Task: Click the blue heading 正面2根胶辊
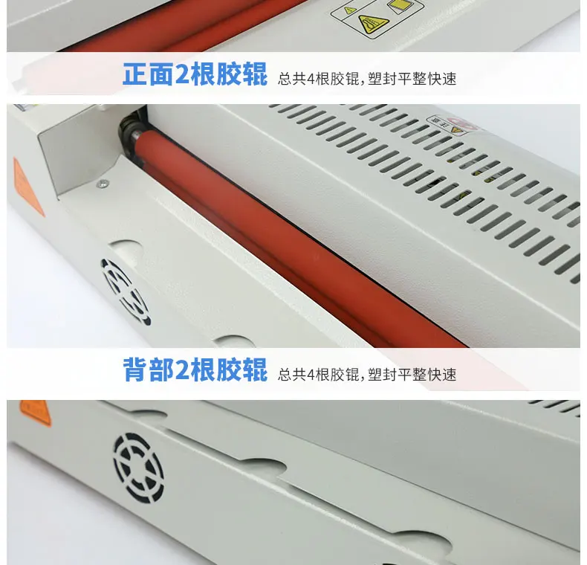tap(195, 74)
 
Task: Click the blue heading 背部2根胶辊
tap(195, 369)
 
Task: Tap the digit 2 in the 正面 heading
tap(182, 74)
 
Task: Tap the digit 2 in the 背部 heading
tap(182, 369)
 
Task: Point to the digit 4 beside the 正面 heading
tap(311, 79)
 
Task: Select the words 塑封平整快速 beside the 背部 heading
tap(412, 374)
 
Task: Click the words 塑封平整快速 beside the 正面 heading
tap(412, 79)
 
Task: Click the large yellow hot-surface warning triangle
tap(373, 24)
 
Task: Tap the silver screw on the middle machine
tap(103, 184)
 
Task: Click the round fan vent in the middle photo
tap(126, 292)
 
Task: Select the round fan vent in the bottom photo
tap(138, 468)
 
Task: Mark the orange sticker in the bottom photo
tap(35, 412)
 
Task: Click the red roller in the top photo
tap(187, 25)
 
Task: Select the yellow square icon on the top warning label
tap(398, 6)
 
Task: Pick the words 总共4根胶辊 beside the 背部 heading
tap(318, 374)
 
